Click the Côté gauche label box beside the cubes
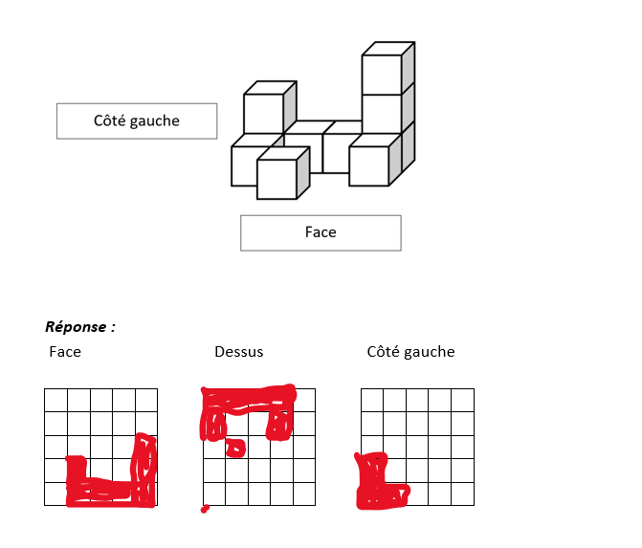136,121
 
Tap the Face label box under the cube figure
321,232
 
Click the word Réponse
79,327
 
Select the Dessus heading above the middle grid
238,352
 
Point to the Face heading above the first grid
65,352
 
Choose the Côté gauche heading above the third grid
410,352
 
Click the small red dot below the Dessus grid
205,509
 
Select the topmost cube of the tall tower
381,75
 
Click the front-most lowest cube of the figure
277,179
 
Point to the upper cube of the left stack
263,113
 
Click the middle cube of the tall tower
381,113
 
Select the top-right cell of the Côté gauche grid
462,400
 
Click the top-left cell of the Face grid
55,400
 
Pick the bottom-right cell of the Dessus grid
304,493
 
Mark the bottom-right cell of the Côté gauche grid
462,493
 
